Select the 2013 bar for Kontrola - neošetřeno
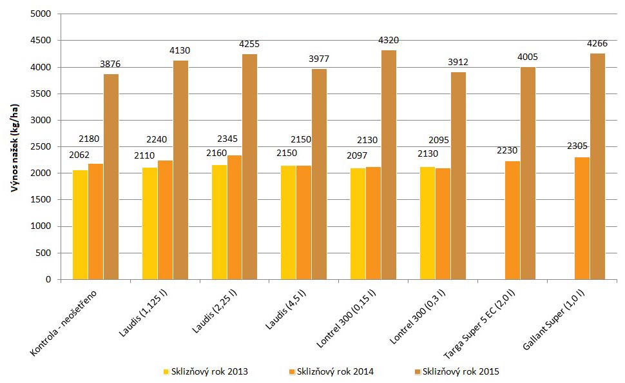[80, 225]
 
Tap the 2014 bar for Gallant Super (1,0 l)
[582, 219]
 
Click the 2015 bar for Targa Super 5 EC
[528, 173]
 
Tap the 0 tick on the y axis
[48, 280]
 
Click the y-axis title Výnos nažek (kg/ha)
[14, 147]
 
